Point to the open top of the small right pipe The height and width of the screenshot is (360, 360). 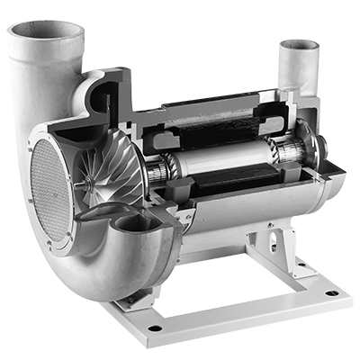pos(300,45)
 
